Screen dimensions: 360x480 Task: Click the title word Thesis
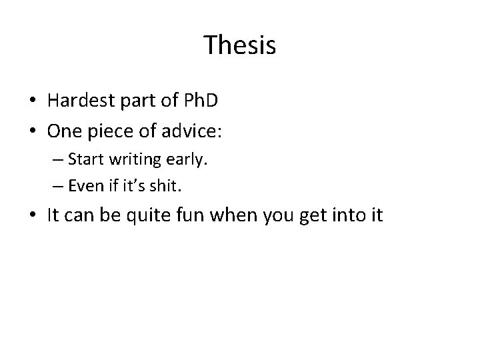click(240, 45)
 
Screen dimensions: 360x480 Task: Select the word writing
click(122, 160)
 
